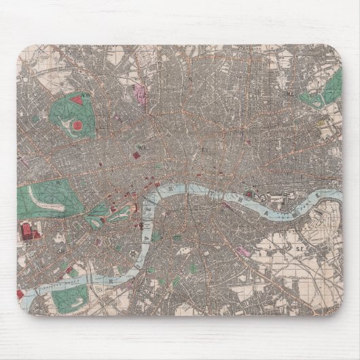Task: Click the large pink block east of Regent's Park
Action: tap(143, 94)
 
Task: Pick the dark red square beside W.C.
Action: tap(136, 156)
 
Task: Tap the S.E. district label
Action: tap(298, 249)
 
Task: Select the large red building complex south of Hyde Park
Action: tap(29, 232)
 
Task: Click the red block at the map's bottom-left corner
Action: tap(20, 294)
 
